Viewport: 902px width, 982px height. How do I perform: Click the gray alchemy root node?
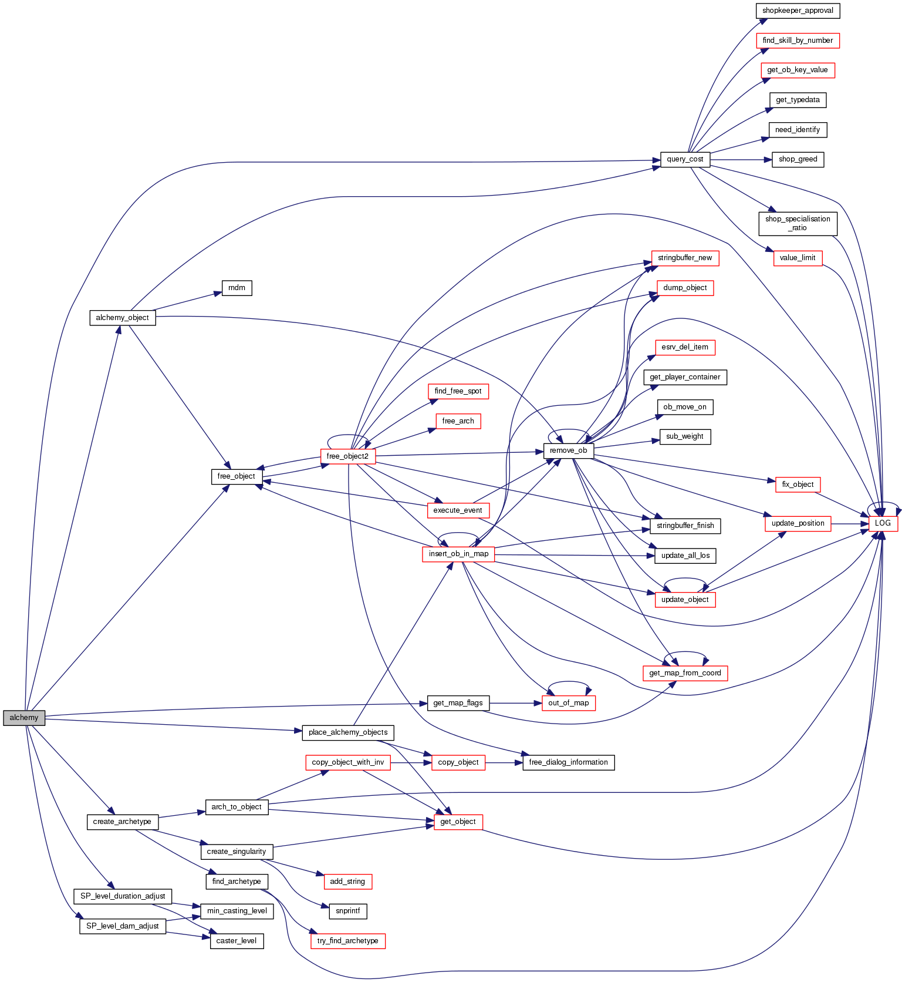pyautogui.click(x=24, y=718)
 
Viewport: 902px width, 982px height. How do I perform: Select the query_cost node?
pyautogui.click(x=685, y=159)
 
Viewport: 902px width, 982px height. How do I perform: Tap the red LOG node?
pyautogui.click(x=883, y=523)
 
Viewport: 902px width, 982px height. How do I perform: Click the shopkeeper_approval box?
pyautogui.click(x=798, y=11)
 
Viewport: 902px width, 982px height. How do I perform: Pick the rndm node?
pyautogui.click(x=237, y=288)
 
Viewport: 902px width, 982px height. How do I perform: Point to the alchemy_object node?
pyautogui.click(x=122, y=318)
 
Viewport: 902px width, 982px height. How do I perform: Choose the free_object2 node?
pyautogui.click(x=347, y=456)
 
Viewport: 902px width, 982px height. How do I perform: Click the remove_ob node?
pyautogui.click(x=568, y=450)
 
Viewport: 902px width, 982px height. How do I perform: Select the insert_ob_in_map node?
pyautogui.click(x=458, y=554)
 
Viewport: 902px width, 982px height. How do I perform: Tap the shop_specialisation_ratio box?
pyautogui.click(x=798, y=223)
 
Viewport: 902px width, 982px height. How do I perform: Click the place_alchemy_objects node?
pyautogui.click(x=348, y=732)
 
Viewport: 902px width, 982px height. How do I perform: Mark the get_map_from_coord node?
pyautogui.click(x=685, y=673)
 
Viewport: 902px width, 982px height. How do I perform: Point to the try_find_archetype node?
pyautogui.click(x=347, y=941)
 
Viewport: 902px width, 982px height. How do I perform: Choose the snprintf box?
pyautogui.click(x=348, y=911)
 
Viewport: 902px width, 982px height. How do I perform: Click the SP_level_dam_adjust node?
pyautogui.click(x=123, y=926)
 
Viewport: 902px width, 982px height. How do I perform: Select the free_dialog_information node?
pyautogui.click(x=568, y=762)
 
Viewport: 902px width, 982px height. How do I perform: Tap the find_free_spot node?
pyautogui.click(x=458, y=391)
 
